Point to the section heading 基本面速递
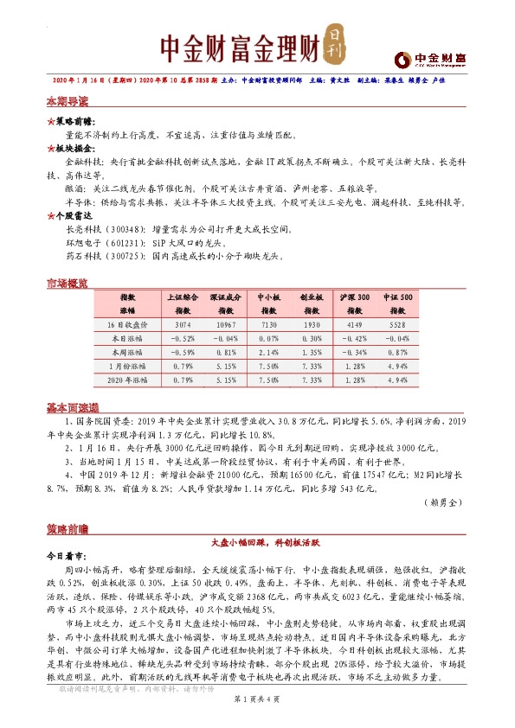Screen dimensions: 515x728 (73, 407)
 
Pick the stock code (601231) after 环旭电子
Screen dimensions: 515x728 (126, 245)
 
